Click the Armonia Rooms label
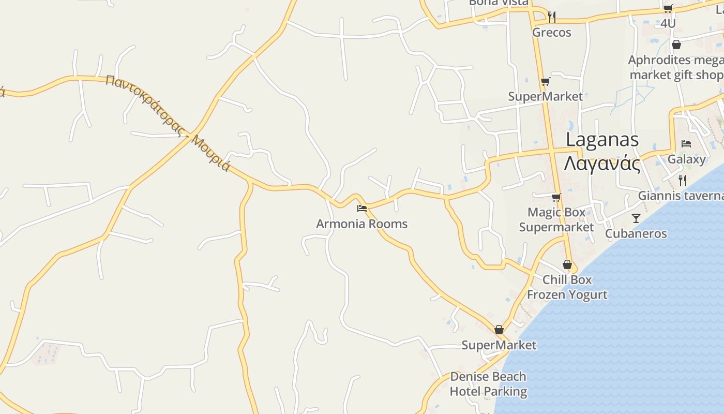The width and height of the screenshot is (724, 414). click(361, 224)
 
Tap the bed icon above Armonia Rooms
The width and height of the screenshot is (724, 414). click(362, 209)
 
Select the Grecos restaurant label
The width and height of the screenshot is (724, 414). click(552, 33)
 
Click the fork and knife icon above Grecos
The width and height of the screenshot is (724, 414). click(552, 17)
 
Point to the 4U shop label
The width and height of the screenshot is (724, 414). click(668, 23)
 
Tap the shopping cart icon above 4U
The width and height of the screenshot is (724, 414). click(668, 8)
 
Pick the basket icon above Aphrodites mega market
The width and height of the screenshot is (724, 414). click(676, 45)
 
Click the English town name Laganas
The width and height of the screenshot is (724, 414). click(602, 140)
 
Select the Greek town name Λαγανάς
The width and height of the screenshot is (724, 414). click(602, 164)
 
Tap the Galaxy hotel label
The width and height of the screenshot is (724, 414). click(686, 159)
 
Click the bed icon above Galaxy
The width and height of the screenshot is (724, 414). click(686, 144)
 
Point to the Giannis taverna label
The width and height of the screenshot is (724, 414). click(681, 196)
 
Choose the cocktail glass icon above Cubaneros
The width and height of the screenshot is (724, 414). click(636, 218)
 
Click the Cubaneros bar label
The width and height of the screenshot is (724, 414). click(636, 233)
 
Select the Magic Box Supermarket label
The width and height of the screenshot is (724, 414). click(556, 220)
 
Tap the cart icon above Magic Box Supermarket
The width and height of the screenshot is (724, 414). click(556, 198)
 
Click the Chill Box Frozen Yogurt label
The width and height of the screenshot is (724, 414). click(567, 287)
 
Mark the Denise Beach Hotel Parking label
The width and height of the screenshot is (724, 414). click(488, 384)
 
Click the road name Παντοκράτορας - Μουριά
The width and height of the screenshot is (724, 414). click(167, 123)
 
